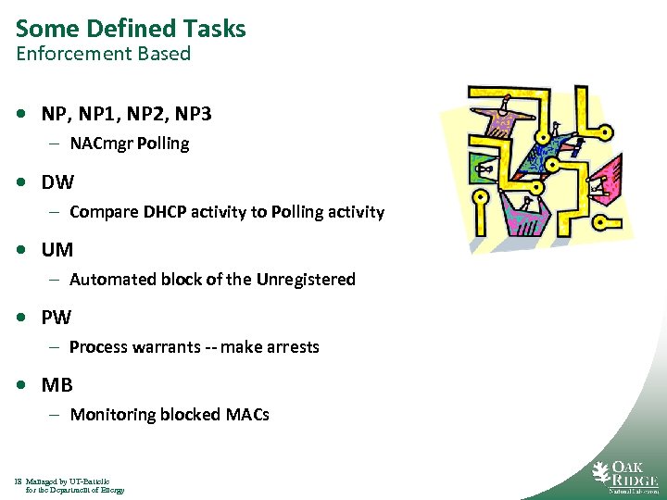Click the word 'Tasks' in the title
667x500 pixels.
[x=215, y=29]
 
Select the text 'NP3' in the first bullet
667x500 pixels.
[x=193, y=114]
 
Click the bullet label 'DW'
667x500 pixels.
[x=57, y=181]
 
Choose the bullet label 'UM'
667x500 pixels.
[x=57, y=249]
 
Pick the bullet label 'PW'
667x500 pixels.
[x=56, y=318]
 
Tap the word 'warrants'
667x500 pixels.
[x=165, y=347]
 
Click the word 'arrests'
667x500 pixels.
[x=291, y=347]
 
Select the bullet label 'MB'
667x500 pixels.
[x=57, y=385]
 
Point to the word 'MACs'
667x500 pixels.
[x=247, y=415]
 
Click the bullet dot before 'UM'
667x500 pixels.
[x=20, y=250]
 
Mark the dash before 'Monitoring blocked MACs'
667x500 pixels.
[x=55, y=415]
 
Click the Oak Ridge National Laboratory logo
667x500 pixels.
[x=624, y=474]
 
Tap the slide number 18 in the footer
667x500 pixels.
[x=19, y=481]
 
